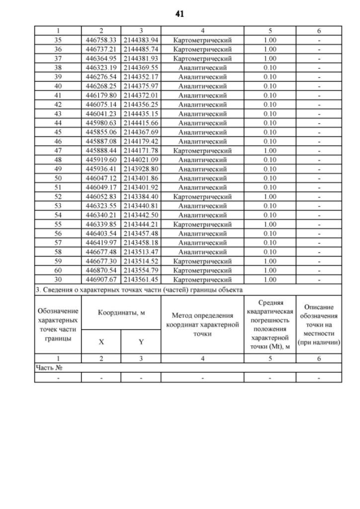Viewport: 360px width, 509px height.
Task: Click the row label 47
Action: click(x=58, y=151)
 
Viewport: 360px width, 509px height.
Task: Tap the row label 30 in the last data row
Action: click(x=58, y=280)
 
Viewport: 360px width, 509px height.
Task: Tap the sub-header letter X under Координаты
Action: click(x=101, y=341)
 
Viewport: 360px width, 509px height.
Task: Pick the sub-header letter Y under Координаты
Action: click(x=141, y=341)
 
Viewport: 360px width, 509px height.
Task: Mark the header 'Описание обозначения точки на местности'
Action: click(x=319, y=325)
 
